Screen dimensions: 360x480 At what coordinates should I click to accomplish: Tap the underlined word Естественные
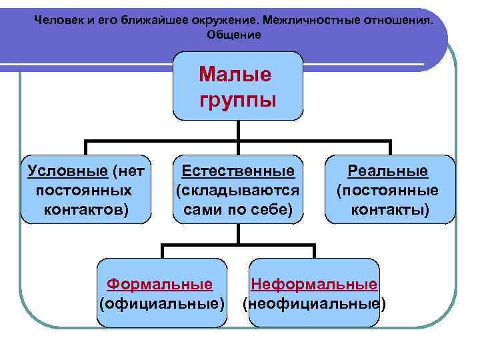click(x=238, y=171)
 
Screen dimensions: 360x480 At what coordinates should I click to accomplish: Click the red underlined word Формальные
click(x=160, y=284)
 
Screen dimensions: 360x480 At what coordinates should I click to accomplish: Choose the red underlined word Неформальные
click(x=314, y=284)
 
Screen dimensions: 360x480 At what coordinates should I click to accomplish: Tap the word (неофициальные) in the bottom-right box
click(x=314, y=304)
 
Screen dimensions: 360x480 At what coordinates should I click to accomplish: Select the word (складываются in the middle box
click(x=237, y=191)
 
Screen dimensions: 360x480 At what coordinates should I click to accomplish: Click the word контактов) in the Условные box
click(x=86, y=210)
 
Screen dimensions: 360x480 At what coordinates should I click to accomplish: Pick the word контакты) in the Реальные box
click(x=390, y=211)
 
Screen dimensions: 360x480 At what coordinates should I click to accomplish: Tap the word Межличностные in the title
click(x=313, y=20)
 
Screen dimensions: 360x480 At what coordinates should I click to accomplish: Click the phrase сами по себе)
click(x=234, y=210)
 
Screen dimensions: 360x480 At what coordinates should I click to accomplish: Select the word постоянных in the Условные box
click(x=83, y=191)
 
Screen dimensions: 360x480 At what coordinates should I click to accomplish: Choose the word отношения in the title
click(x=401, y=20)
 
